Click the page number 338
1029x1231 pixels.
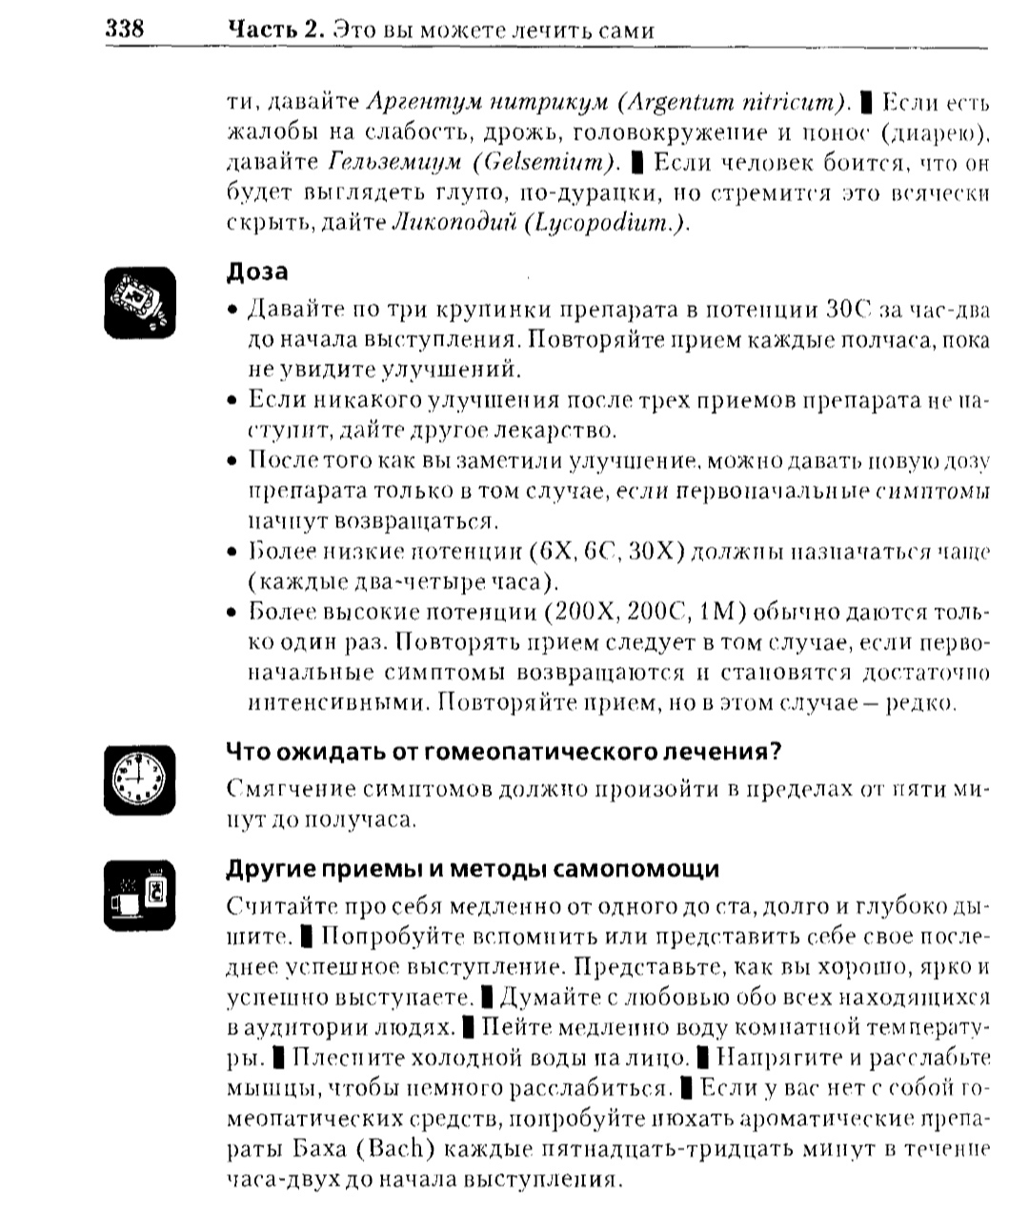click(124, 29)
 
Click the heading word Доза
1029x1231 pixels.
click(257, 272)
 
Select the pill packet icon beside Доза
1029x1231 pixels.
click(139, 301)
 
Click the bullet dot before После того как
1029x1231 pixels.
click(232, 461)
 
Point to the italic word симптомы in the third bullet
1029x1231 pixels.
click(933, 492)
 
